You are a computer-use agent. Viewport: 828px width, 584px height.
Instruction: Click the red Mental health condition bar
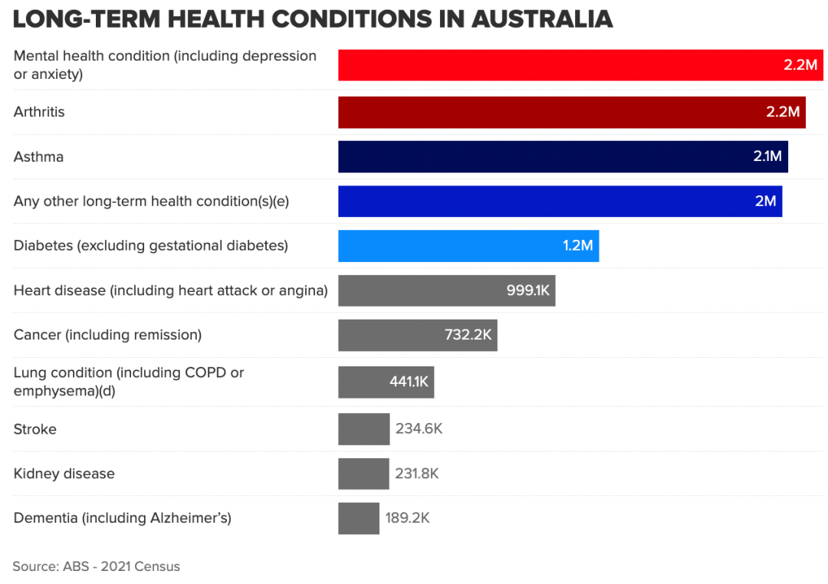(x=580, y=65)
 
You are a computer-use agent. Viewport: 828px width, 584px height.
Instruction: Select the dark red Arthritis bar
(x=571, y=112)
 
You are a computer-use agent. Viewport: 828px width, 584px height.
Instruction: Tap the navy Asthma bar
(x=563, y=156)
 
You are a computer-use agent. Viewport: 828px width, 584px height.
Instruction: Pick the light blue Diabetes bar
(x=468, y=246)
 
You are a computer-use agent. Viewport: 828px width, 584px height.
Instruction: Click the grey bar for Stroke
(x=363, y=429)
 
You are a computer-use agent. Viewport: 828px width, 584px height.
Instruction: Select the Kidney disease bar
(x=363, y=474)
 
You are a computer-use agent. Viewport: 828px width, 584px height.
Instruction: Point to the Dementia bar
(x=358, y=518)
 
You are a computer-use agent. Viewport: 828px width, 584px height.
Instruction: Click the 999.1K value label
(x=528, y=290)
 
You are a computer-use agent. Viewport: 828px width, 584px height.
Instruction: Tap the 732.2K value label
(x=468, y=335)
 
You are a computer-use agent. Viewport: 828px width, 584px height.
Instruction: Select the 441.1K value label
(x=409, y=382)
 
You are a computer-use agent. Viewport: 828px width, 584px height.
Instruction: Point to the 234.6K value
(x=419, y=429)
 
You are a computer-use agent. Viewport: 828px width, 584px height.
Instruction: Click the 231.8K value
(x=417, y=474)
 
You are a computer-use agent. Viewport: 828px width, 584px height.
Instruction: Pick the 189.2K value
(x=407, y=518)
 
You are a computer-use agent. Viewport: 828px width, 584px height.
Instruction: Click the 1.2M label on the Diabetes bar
(x=578, y=246)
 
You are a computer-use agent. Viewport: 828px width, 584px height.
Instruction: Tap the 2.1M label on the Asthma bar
(x=767, y=156)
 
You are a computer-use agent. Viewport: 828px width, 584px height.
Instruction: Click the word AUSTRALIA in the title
(x=542, y=19)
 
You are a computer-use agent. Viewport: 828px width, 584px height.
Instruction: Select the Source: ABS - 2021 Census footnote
(x=96, y=567)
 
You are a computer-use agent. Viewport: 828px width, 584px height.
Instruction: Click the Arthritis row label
(x=39, y=112)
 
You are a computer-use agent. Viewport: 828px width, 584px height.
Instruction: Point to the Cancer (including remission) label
(x=107, y=335)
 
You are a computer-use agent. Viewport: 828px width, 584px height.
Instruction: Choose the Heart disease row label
(x=170, y=290)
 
